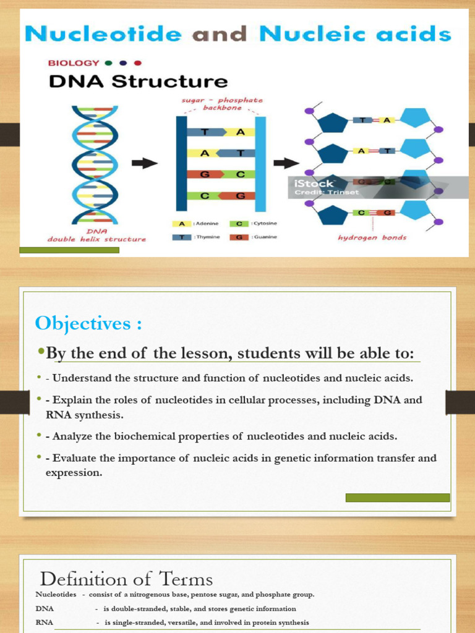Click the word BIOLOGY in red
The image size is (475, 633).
(x=74, y=63)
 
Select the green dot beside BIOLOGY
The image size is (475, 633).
(x=109, y=63)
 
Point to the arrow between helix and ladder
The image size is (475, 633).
(x=145, y=163)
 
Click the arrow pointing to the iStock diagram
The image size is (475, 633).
(x=286, y=163)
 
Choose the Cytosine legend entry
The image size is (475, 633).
(x=254, y=224)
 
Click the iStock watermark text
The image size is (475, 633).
(x=314, y=184)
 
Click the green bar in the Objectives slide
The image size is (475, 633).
(x=397, y=498)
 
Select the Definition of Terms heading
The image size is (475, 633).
(x=126, y=579)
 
